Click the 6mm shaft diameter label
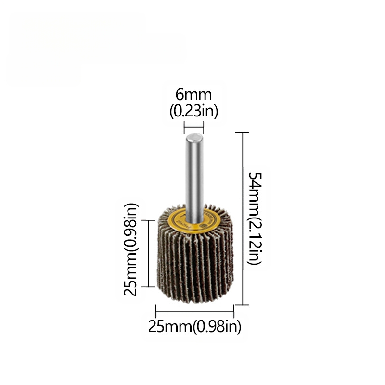coord(193,95)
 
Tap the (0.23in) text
coord(193,112)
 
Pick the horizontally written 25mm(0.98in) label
coord(194,327)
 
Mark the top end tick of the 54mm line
coord(242,132)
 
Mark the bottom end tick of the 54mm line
coord(242,304)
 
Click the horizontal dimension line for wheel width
coord(194,310)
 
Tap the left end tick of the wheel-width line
coord(155,310)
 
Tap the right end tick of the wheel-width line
coord(234,310)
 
